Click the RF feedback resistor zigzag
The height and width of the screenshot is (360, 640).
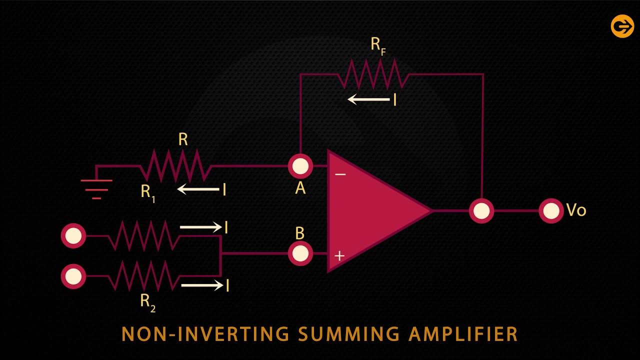[x=372, y=74]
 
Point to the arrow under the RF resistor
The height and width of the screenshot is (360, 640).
[x=369, y=99]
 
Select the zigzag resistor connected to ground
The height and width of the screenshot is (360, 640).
[x=175, y=165]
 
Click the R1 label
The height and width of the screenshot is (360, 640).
[x=147, y=192]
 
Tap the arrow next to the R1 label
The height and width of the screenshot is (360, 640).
[x=198, y=189]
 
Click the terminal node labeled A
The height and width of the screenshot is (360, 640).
[x=300, y=166]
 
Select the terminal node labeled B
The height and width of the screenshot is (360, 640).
[x=300, y=253]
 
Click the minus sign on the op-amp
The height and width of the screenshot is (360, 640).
[x=340, y=174]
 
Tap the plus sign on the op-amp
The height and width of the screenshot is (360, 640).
[x=339, y=256]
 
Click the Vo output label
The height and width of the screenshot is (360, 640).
[x=576, y=210]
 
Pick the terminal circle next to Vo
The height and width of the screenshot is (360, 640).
[x=551, y=211]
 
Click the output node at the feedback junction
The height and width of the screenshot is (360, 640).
[x=481, y=211]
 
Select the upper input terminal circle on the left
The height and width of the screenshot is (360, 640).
[x=73, y=235]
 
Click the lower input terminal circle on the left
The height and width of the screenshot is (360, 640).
[x=73, y=276]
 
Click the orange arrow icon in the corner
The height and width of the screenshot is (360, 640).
[x=622, y=26]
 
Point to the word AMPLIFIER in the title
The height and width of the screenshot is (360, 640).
[x=462, y=333]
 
